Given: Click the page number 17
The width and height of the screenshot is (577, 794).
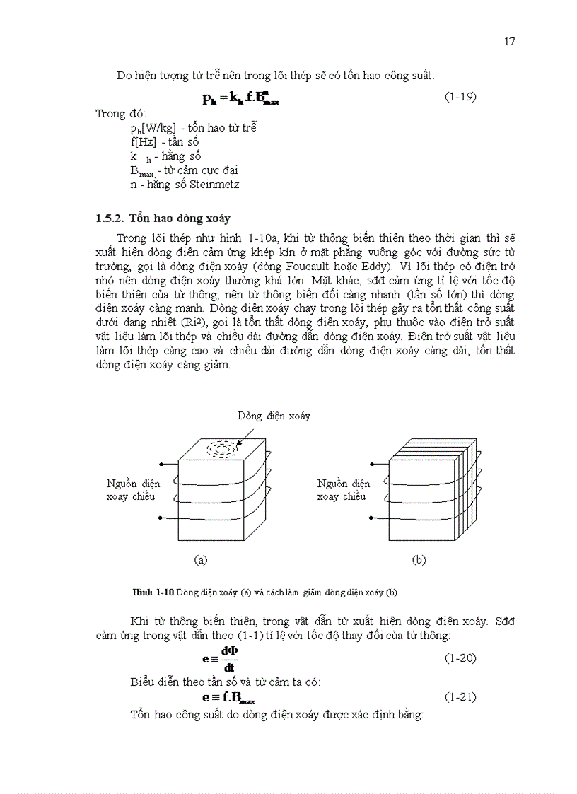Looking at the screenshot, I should [x=509, y=42].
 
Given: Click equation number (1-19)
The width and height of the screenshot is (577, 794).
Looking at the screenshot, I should [x=460, y=97].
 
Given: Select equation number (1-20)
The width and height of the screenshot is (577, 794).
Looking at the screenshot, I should [x=460, y=658].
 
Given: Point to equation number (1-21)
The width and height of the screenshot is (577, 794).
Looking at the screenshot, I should [x=460, y=697].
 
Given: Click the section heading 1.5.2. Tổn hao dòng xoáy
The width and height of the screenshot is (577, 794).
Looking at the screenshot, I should [x=163, y=218].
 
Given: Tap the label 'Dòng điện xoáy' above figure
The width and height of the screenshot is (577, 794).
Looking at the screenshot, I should [x=273, y=416].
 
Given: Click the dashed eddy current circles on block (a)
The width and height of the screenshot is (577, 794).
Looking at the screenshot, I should [x=223, y=448].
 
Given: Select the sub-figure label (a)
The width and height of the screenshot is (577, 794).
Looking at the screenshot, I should [x=201, y=559].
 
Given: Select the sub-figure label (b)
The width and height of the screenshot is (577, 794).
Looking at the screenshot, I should [x=419, y=559].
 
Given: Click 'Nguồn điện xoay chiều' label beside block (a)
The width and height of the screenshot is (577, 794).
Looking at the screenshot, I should [x=133, y=490].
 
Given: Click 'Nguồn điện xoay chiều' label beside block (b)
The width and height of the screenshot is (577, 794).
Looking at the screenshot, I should [x=344, y=490].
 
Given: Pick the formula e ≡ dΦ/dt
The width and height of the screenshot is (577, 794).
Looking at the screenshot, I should [x=221, y=658].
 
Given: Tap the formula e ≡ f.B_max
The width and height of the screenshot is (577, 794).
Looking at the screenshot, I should [x=228, y=698].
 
